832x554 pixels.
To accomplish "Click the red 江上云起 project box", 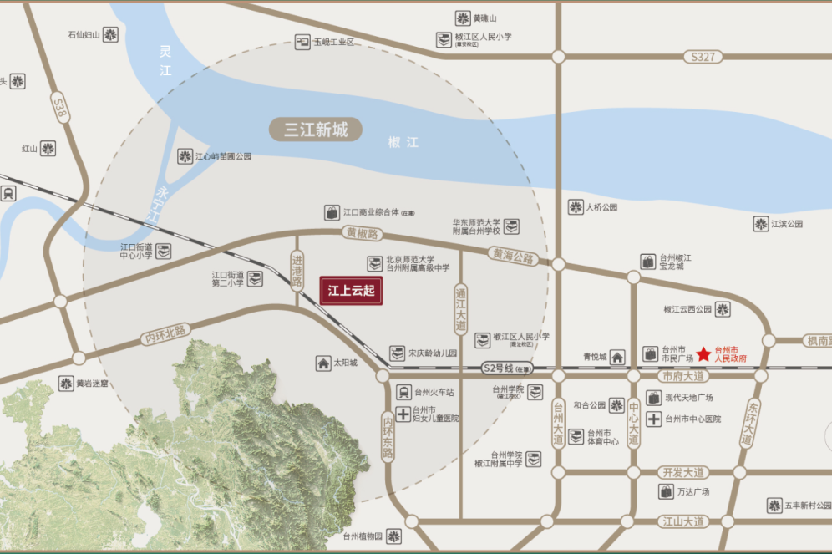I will tap(351, 291).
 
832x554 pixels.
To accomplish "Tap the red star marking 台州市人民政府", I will tap(703, 354).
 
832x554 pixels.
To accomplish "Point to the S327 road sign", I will tap(703, 57).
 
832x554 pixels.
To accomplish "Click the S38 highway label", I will tap(59, 109).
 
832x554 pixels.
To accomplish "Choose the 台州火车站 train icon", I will tap(403, 392).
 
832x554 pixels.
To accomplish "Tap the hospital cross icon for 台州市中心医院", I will tap(653, 419).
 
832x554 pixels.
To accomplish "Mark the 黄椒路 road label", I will tap(361, 234).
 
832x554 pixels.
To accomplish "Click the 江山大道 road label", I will tap(682, 521).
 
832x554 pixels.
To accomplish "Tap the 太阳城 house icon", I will tap(323, 363).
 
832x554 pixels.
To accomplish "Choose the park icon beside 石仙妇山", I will tap(110, 34).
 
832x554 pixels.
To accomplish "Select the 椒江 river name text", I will tap(403, 142).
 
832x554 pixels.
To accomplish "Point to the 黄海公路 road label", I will tap(513, 257).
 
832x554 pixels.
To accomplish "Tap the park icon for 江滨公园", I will tap(760, 224).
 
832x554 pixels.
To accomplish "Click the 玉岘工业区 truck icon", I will tap(302, 42).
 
